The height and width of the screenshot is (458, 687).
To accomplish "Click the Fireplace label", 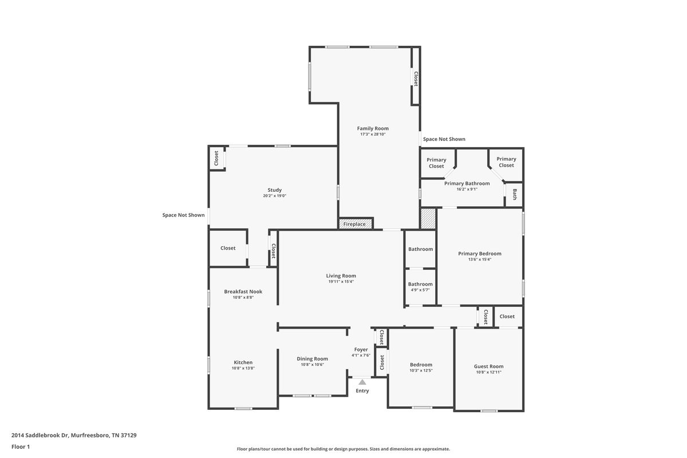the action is tap(354, 224).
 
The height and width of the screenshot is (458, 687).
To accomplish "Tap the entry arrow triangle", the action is tap(362, 382).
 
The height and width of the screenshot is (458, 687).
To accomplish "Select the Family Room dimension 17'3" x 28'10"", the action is tap(373, 134).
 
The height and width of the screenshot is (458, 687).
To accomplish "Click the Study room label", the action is tap(274, 190).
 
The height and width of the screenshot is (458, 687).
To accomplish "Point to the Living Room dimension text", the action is tap(341, 281).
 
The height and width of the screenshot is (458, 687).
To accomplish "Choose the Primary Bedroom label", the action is tap(480, 254).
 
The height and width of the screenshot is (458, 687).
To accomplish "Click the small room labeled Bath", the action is tap(514, 195).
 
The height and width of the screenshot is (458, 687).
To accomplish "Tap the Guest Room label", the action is tap(488, 366).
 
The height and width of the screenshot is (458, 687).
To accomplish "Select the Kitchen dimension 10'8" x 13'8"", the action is tap(243, 368).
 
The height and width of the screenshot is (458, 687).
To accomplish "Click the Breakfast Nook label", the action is tap(243, 291).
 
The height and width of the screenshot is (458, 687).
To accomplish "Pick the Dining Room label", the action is tap(312, 358).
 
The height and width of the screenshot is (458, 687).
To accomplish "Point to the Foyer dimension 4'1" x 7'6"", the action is tap(361, 355).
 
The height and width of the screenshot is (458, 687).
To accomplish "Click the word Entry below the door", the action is tap(362, 390).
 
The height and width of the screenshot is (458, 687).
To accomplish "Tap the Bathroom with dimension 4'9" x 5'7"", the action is tap(420, 287).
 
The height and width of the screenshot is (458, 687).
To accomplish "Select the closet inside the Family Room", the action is tap(416, 76).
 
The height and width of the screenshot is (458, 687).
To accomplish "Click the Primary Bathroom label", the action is tap(467, 183).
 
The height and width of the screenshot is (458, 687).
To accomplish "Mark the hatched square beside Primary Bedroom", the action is tap(428, 219).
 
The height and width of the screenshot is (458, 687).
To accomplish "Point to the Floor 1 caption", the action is tap(21, 447).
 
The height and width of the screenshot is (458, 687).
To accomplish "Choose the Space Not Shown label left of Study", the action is tap(183, 215).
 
